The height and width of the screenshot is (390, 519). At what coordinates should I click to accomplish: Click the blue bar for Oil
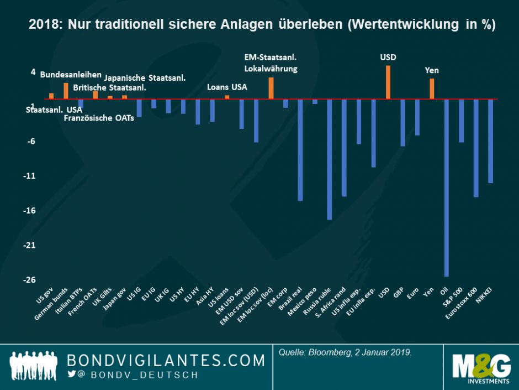tap(447, 188)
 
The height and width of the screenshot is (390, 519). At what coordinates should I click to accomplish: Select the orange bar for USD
tap(388, 82)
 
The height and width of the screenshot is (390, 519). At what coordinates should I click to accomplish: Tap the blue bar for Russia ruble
tap(330, 159)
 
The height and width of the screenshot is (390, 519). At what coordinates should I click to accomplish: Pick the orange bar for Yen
tap(432, 89)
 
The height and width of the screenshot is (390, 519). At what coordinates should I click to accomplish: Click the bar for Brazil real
tap(300, 150)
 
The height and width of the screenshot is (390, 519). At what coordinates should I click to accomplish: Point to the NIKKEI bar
tap(490, 141)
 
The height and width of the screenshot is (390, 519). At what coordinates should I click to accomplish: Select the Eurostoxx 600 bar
tap(476, 148)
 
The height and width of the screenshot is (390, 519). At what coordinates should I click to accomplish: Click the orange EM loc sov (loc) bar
tap(271, 89)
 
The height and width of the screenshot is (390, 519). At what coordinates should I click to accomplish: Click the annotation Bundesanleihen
tap(71, 75)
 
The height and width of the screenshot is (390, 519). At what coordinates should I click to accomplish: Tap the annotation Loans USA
tap(227, 87)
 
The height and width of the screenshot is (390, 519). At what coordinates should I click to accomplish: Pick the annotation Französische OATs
tap(99, 118)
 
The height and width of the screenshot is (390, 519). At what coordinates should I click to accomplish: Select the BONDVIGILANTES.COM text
tap(166, 361)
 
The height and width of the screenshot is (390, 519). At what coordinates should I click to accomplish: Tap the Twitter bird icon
tap(71, 375)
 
